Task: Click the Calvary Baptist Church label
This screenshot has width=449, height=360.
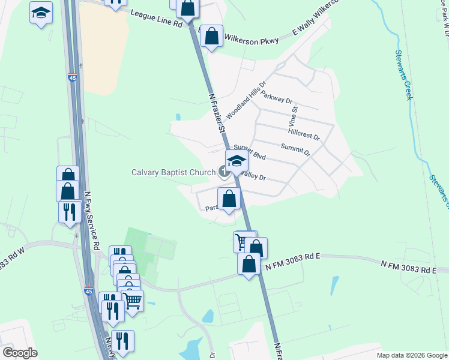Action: (x=173, y=173)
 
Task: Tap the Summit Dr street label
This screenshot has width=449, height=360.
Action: (x=295, y=149)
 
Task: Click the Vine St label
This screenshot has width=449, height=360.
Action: (x=295, y=117)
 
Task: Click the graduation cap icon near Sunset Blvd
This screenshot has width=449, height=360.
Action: (x=237, y=161)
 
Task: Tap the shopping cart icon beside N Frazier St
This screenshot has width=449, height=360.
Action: (x=243, y=241)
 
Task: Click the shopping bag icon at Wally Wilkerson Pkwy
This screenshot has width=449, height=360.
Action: (x=211, y=36)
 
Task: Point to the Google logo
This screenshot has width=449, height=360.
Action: (x=19, y=353)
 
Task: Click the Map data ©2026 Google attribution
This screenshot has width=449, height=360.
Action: (x=412, y=355)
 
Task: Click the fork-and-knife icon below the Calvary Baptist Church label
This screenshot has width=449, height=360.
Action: (x=70, y=212)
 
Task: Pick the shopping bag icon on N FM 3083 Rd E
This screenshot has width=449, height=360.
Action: (x=249, y=265)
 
